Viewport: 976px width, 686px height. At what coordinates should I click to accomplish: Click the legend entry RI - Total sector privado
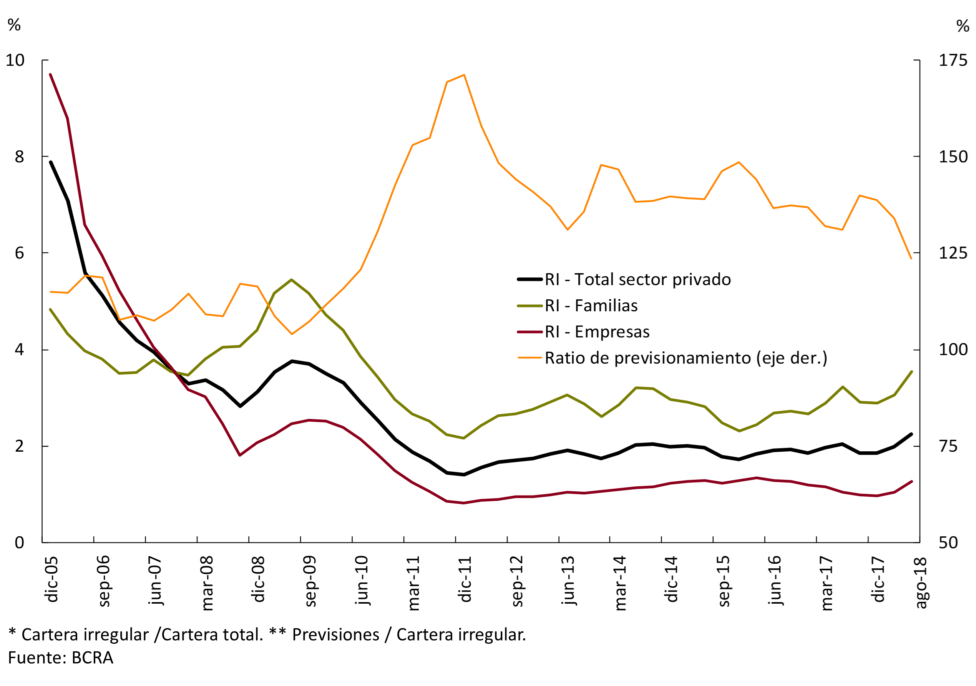[637, 280]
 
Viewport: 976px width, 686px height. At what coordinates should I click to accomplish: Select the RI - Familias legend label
[591, 305]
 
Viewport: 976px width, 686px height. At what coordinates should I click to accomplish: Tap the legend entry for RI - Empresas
[597, 332]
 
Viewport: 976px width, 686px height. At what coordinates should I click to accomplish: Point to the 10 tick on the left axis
[15, 60]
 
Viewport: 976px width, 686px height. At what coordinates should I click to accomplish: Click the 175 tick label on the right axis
[953, 60]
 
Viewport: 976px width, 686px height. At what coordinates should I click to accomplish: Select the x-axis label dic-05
[52, 579]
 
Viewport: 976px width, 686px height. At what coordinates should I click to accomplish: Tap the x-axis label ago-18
[920, 583]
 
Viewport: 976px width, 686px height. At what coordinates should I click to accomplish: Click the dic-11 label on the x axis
[465, 579]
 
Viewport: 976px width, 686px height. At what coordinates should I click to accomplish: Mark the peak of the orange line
[464, 75]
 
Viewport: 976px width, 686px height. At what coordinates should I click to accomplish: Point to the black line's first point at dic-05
[51, 162]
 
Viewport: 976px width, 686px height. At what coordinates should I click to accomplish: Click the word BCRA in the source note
[92, 658]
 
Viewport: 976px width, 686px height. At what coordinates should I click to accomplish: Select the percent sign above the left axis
[14, 25]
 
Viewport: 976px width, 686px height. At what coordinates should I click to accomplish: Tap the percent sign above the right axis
[963, 26]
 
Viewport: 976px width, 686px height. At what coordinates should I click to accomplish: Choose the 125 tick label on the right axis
[953, 253]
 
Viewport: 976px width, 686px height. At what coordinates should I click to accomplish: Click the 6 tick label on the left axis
[20, 253]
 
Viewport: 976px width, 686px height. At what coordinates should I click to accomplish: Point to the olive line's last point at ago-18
[911, 372]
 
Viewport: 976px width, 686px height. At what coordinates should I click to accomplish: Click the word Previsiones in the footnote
[335, 634]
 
